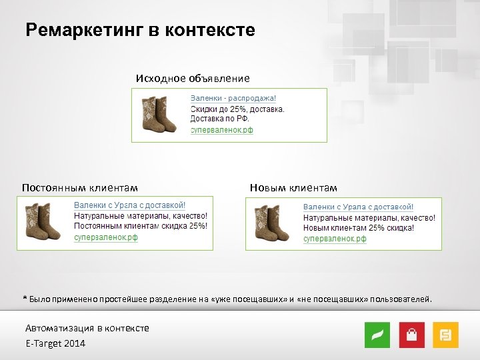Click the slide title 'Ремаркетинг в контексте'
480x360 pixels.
(140, 31)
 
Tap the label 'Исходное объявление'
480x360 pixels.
(193, 79)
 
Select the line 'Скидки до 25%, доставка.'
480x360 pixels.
(238, 109)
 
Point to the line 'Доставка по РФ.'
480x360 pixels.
(220, 119)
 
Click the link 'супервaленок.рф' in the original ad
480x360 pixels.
(222, 130)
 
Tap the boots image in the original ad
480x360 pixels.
(159, 115)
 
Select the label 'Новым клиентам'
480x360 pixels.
(293, 187)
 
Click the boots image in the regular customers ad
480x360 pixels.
(43, 223)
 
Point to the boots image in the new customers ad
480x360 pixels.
(273, 224)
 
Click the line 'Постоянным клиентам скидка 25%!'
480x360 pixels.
(141, 226)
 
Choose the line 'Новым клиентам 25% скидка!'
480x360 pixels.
(359, 228)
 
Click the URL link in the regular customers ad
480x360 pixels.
(105, 237)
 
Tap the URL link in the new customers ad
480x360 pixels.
(335, 239)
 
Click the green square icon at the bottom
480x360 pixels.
(377, 335)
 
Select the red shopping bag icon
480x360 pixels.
(412, 335)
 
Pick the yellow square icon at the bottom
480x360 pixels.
(445, 335)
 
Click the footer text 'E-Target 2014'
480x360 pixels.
(55, 343)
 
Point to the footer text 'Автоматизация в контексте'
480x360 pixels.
(87, 328)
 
